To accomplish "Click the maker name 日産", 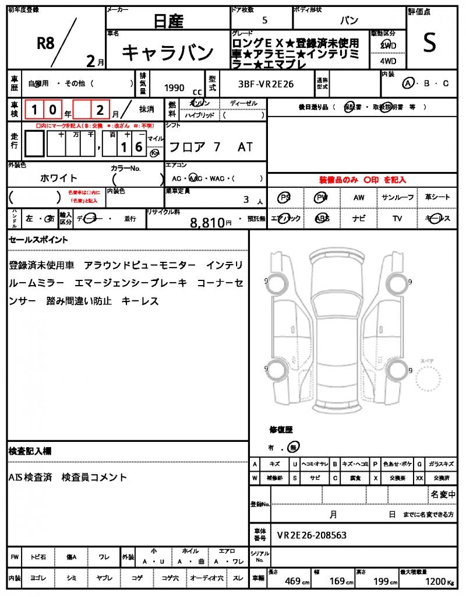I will [x=168, y=22].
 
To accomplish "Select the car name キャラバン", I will [x=168, y=53].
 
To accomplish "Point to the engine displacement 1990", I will [x=174, y=88].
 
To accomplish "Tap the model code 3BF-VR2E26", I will [x=266, y=85].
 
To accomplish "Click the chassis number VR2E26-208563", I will [x=312, y=535].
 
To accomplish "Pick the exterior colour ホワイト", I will [x=59, y=178].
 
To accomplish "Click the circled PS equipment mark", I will [x=285, y=198].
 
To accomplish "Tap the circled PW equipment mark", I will [x=322, y=198].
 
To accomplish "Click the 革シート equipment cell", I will [x=437, y=198].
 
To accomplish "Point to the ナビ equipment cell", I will [x=359, y=219].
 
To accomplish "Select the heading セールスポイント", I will [x=38, y=240].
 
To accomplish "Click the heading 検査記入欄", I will [x=30, y=451].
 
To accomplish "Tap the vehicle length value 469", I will [x=292, y=581].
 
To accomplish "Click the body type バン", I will [x=349, y=20].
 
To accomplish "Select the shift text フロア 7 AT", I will [x=210, y=147].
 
